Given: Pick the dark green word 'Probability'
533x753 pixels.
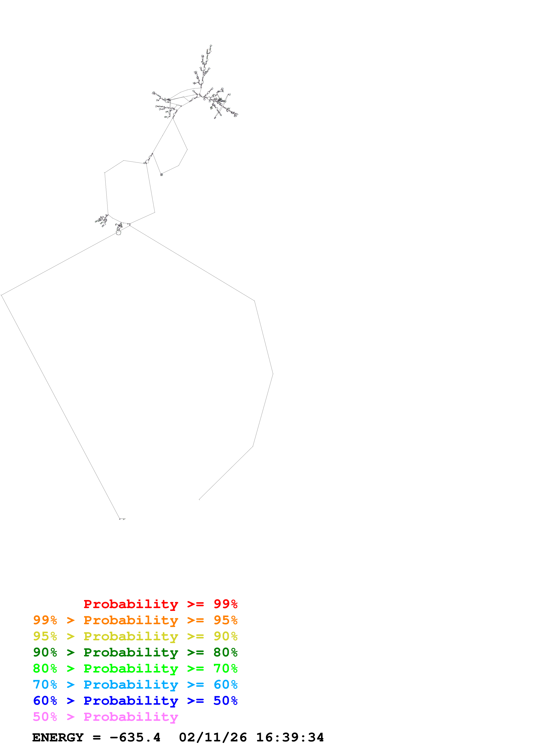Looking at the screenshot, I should coord(131,653).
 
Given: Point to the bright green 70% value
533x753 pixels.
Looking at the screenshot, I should coord(225,668).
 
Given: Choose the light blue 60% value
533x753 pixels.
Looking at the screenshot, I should coord(225,685).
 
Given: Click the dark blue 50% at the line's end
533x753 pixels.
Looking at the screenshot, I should coord(225,701).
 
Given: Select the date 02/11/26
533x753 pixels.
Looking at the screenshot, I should coord(213,738).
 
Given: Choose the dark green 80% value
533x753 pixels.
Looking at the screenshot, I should coord(225,653).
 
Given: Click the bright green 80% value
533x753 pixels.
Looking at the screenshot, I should coord(45,668).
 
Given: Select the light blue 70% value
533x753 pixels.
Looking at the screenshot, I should coord(45,685).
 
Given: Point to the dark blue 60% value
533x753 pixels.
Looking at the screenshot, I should coord(45,701).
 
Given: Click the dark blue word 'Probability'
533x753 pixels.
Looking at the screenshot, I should coord(131,701).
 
